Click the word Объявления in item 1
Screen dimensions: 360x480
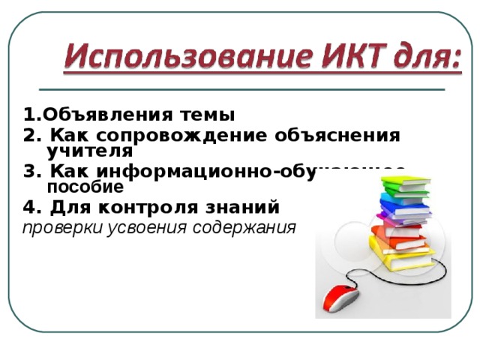100,115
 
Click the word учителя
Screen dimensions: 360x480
89,151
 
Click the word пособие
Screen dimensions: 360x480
85,186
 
